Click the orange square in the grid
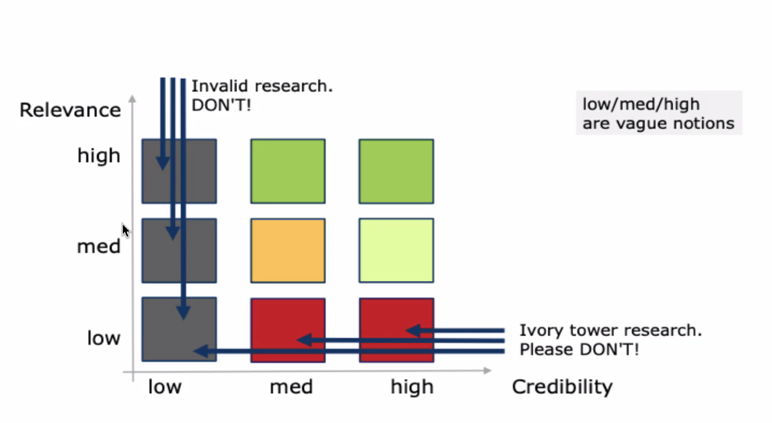tap(288, 251)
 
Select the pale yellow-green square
tap(397, 251)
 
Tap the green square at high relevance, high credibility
tap(397, 171)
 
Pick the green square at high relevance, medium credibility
tap(288, 171)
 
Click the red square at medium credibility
tap(288, 330)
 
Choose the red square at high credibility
tap(397, 330)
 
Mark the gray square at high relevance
tap(179, 171)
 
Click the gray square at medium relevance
tap(179, 251)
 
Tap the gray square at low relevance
tap(179, 330)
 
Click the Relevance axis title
tap(70, 110)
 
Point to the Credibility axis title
tap(562, 387)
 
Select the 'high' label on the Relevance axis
tap(99, 156)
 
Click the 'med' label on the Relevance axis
tap(99, 247)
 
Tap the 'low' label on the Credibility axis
tap(165, 387)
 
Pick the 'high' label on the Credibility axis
tap(412, 387)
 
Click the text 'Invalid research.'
tap(262, 86)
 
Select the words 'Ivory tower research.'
tap(611, 330)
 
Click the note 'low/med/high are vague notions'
tap(659, 113)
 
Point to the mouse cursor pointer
tap(126, 230)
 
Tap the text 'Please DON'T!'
tap(579, 349)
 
